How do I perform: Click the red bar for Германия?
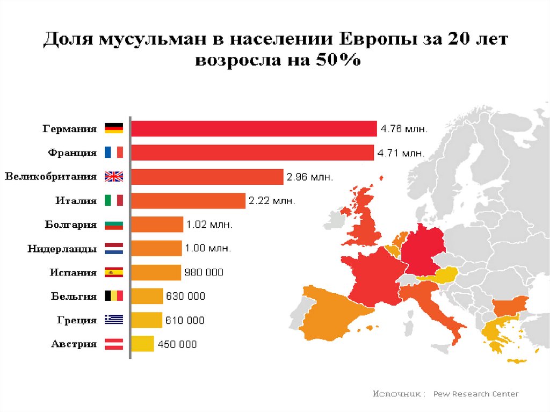254,129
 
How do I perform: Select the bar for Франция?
252,153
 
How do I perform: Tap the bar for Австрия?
142,344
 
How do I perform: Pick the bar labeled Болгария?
157,225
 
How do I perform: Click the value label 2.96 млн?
309,177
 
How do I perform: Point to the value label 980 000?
204,272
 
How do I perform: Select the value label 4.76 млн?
404,129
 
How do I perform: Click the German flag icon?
114,128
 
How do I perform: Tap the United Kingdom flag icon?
114,176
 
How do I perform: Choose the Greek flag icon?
114,320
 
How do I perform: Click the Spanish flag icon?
114,272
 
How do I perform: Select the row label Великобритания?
50,176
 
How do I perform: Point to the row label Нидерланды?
62,249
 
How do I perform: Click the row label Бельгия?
74,296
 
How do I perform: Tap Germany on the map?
423,252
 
